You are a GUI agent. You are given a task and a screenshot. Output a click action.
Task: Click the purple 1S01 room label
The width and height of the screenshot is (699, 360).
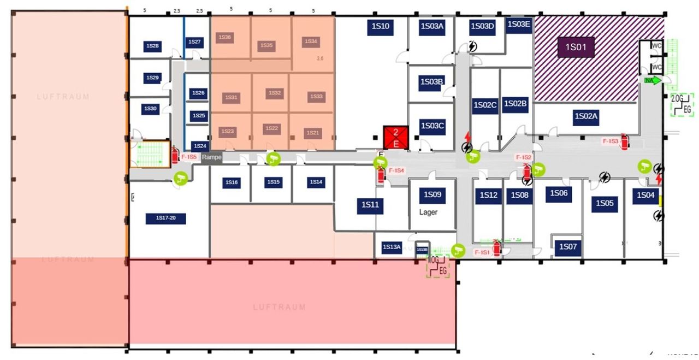(576, 47)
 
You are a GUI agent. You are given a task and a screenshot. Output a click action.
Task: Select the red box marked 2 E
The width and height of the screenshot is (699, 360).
(396, 137)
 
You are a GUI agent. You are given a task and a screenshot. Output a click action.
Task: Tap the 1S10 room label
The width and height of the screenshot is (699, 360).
(380, 26)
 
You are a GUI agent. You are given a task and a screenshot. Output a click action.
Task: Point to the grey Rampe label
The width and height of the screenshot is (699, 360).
(212, 157)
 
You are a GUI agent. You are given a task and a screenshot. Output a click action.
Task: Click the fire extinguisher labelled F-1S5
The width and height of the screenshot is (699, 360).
(175, 155)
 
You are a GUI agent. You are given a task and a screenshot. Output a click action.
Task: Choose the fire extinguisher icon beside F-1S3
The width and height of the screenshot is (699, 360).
(625, 141)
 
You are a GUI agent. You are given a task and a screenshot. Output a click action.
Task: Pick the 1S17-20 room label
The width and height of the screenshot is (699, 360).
(166, 219)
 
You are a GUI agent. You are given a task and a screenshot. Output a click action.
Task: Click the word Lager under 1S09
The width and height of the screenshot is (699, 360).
(428, 212)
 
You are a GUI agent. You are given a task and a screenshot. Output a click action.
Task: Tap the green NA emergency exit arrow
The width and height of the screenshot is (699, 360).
(652, 80)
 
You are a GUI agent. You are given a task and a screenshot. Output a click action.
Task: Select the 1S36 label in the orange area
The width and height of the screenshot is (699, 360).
(224, 37)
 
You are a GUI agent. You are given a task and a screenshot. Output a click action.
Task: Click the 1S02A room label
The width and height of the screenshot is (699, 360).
(587, 116)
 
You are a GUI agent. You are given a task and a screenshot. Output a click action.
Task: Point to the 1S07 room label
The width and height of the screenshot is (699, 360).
(568, 247)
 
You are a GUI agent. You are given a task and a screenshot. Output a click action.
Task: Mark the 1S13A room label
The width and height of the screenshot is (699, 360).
(392, 247)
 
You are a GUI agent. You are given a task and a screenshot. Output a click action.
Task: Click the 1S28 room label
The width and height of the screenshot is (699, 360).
(153, 46)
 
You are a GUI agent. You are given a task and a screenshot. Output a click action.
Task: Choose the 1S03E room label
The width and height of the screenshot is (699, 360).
(518, 24)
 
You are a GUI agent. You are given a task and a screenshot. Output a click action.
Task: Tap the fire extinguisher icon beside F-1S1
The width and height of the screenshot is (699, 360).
(496, 247)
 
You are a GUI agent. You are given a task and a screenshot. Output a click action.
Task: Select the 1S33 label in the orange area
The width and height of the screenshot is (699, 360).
(316, 96)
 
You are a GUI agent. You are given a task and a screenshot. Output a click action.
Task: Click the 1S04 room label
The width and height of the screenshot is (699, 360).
(645, 195)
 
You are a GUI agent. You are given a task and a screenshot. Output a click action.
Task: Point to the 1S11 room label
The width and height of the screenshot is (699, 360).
(370, 205)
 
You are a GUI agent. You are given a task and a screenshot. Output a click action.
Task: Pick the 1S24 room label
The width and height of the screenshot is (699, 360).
(199, 146)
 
